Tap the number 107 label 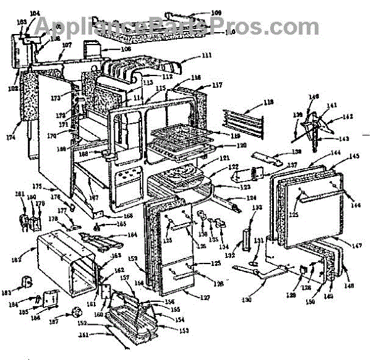coord(67,45)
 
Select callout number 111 coord(206,55)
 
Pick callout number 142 coord(346,116)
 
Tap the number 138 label coord(297,152)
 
